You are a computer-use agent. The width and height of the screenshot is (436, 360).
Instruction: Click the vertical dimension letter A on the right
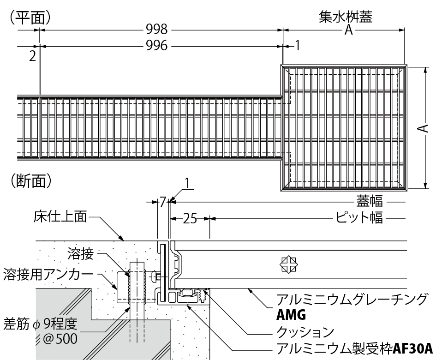[425, 128]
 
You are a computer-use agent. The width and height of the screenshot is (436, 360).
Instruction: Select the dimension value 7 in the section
[162, 202]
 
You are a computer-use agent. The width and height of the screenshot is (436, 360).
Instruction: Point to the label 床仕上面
[60, 216]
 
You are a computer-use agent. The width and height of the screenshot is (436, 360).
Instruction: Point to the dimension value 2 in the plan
[32, 56]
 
